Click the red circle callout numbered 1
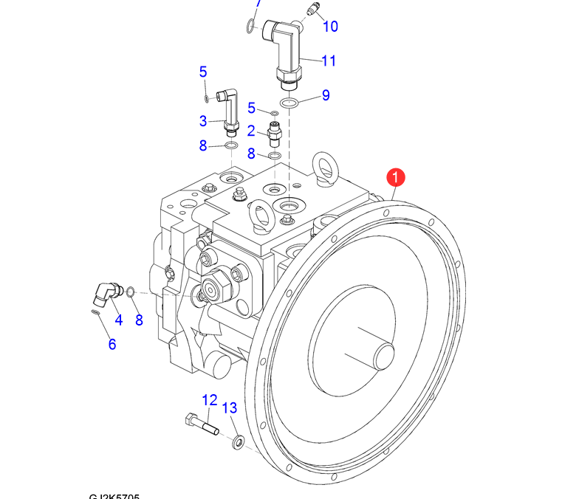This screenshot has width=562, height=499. (397, 177)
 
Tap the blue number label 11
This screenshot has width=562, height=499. (329, 61)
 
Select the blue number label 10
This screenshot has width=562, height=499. (330, 27)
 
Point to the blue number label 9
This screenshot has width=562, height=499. (325, 95)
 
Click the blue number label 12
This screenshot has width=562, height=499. (210, 400)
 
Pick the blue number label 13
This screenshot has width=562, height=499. (230, 408)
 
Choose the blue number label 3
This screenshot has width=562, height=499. (203, 120)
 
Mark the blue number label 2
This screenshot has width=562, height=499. (251, 131)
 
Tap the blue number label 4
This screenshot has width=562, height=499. (117, 320)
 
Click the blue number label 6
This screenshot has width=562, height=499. (112, 343)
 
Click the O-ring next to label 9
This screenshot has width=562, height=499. (290, 102)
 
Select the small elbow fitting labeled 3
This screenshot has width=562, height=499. (229, 111)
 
